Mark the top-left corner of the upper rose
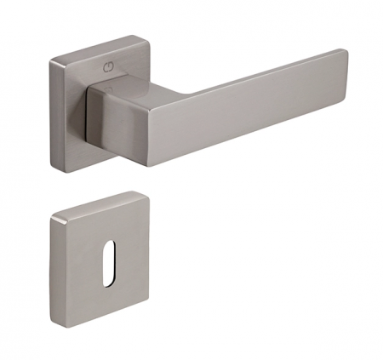(x=51, y=57)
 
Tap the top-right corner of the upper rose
(x=147, y=37)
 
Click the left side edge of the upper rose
(x=52, y=111)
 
